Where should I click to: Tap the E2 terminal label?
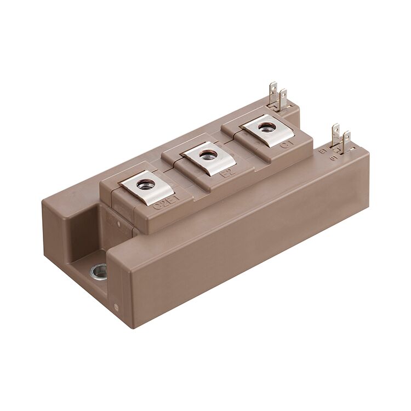(x=225, y=175)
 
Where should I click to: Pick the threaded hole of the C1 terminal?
(x=267, y=128)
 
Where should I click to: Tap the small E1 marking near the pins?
(x=323, y=149)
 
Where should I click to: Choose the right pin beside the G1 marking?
(x=346, y=140)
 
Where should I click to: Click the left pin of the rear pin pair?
(x=273, y=93)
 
